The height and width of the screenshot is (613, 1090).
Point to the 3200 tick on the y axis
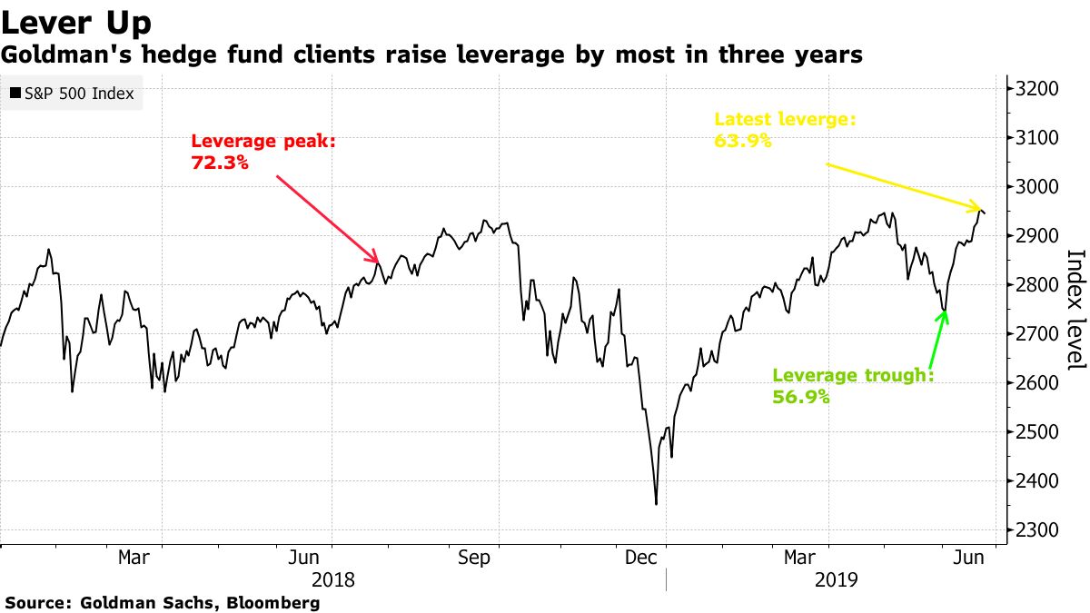[x=1036, y=89]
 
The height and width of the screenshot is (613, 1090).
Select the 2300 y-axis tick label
[x=1036, y=530]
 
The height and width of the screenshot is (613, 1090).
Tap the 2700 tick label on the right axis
[x=1036, y=334]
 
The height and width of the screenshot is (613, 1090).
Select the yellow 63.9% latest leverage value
[x=743, y=140]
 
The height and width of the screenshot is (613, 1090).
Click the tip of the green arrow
[x=946, y=311]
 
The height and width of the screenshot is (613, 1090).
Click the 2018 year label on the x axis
[x=332, y=579]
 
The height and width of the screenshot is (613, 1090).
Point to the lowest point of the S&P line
[x=656, y=504]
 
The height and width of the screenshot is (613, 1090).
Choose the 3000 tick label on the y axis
[x=1036, y=187]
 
